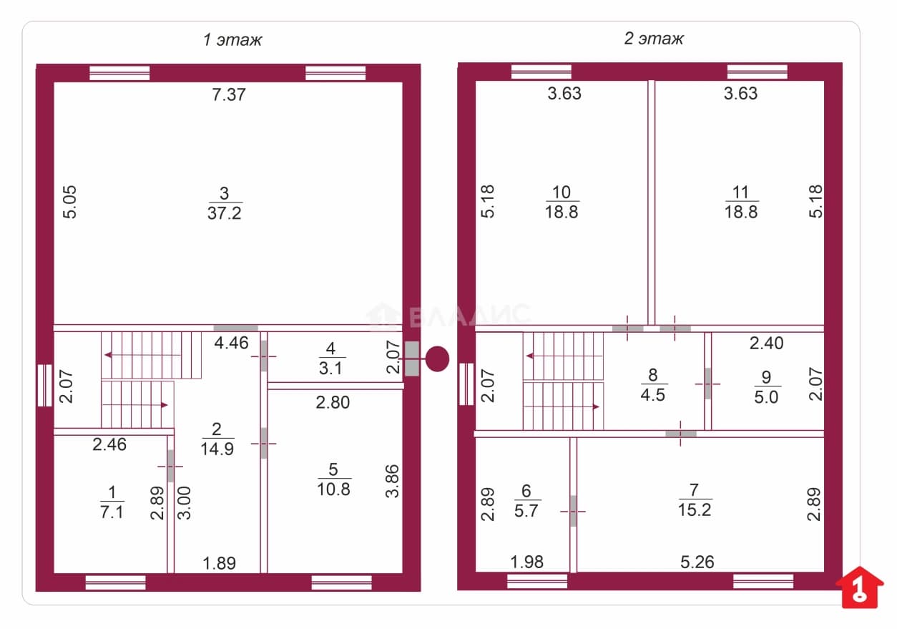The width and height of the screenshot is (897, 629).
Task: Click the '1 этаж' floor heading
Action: click(232, 39)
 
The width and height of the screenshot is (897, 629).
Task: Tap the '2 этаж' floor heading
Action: click(654, 39)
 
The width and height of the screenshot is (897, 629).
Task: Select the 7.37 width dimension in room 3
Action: click(229, 94)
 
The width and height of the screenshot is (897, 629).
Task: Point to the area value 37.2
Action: click(225, 213)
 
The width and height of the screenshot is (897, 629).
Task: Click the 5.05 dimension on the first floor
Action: click(69, 202)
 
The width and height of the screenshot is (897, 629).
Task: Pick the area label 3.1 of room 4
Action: click(330, 369)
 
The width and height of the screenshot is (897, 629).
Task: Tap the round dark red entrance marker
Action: click(437, 359)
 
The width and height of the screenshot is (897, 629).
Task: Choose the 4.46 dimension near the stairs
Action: click(231, 343)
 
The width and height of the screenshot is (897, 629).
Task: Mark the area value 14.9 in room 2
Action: click(217, 449)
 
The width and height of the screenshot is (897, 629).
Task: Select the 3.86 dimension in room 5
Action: click(393, 481)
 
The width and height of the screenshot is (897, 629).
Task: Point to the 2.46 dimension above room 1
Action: click(109, 444)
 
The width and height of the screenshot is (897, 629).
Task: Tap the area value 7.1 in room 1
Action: click(112, 512)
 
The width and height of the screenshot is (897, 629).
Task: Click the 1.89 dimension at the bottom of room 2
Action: click(219, 563)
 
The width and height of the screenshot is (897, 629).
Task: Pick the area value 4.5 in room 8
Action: click(653, 394)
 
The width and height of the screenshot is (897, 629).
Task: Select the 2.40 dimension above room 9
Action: click(766, 343)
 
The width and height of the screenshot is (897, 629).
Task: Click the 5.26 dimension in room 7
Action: click(697, 562)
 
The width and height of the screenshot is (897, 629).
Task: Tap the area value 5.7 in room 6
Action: click(526, 511)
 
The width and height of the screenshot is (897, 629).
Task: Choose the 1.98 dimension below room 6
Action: click(526, 562)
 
